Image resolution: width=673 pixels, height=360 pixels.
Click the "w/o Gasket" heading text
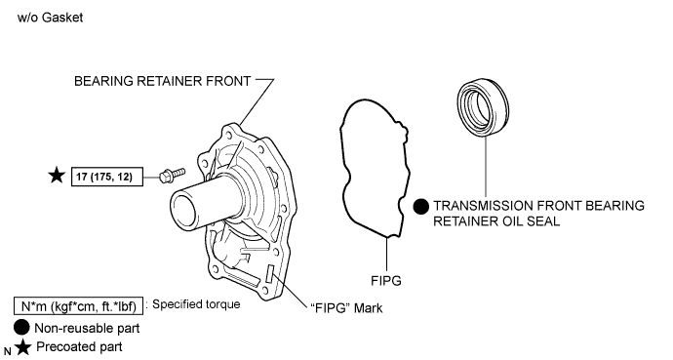pyautogui.click(x=50, y=18)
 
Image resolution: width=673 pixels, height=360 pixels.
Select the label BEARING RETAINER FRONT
pyautogui.click(x=162, y=81)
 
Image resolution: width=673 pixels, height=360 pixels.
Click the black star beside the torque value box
pyautogui.click(x=57, y=176)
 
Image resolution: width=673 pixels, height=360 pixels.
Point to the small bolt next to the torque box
pyautogui.click(x=172, y=175)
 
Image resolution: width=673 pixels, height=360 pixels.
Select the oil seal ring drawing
pyautogui.click(x=483, y=107)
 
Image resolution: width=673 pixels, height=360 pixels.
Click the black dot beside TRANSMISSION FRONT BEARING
pyautogui.click(x=420, y=207)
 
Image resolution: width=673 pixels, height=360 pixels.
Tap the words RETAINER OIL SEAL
pyautogui.click(x=496, y=221)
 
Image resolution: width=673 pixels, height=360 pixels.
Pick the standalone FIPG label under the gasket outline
pyautogui.click(x=386, y=281)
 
